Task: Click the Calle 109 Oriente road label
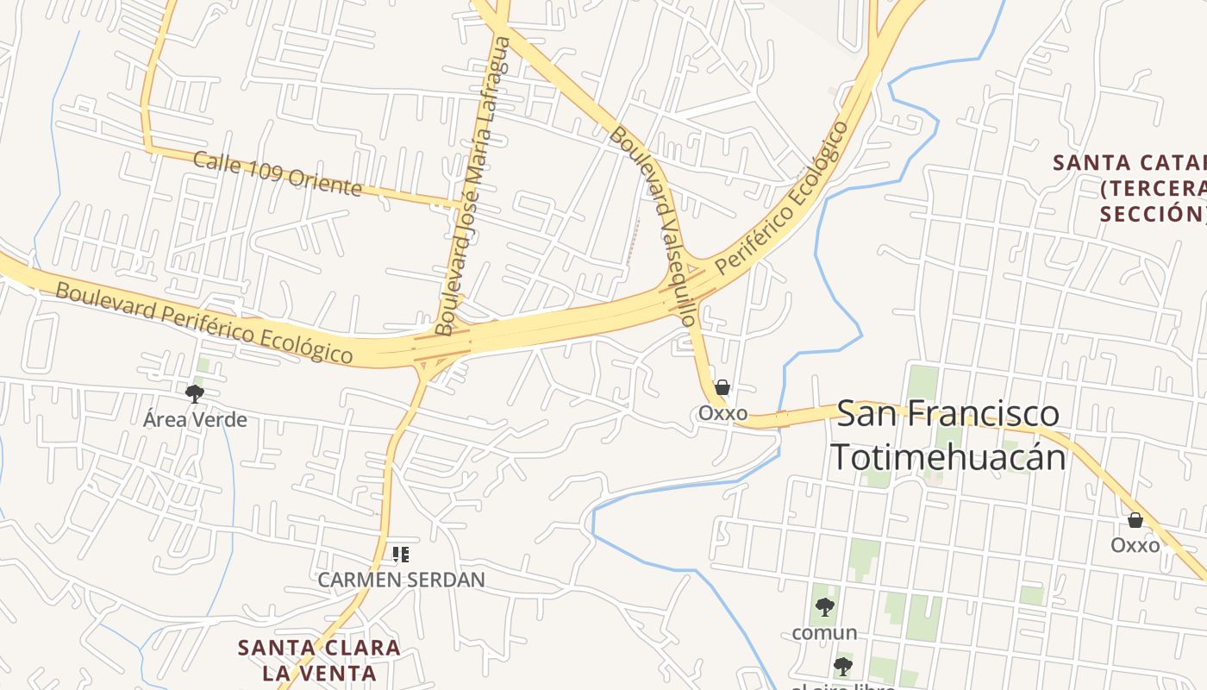tap(277, 173)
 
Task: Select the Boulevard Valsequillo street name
tap(653, 226)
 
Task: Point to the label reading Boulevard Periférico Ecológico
tap(204, 323)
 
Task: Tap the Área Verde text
tap(195, 420)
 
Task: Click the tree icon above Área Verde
tap(195, 394)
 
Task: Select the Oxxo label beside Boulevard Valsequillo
tap(722, 413)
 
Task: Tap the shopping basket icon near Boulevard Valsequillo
tap(722, 388)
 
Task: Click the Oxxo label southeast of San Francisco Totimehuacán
tap(1135, 545)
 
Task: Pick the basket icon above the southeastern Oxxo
tap(1135, 520)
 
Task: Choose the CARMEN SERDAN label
tap(401, 580)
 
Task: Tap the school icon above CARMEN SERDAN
tap(401, 554)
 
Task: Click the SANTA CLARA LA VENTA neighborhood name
tap(319, 660)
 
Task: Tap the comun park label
tap(824, 633)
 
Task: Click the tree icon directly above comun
tap(825, 607)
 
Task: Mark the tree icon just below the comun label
tap(843, 666)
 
